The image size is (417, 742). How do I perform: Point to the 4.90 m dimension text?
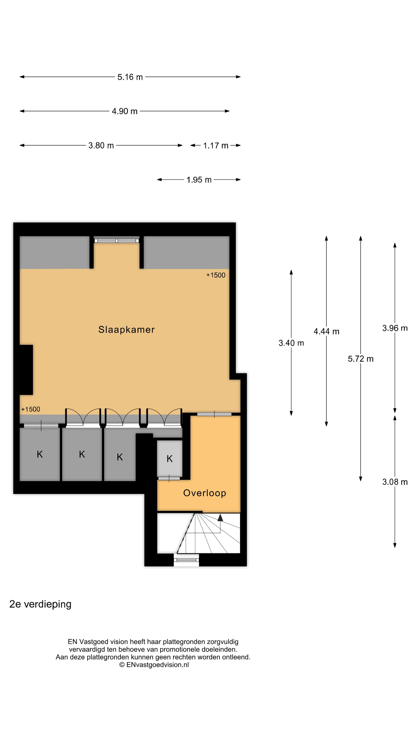(x=124, y=111)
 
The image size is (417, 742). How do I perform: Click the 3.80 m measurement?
(x=101, y=146)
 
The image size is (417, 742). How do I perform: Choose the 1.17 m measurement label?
(x=216, y=146)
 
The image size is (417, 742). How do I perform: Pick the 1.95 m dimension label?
(x=199, y=180)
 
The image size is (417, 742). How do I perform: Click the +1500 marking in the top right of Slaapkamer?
(x=216, y=275)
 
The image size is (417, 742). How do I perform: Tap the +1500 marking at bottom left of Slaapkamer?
(x=31, y=409)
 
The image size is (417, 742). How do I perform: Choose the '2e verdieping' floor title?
(x=40, y=604)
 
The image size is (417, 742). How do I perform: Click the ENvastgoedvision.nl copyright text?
(x=154, y=665)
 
